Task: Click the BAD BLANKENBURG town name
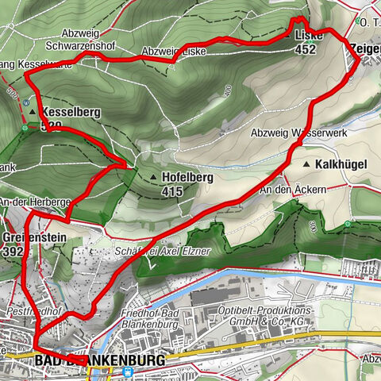coord(101,361)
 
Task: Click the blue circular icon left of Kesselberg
coord(27,102)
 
